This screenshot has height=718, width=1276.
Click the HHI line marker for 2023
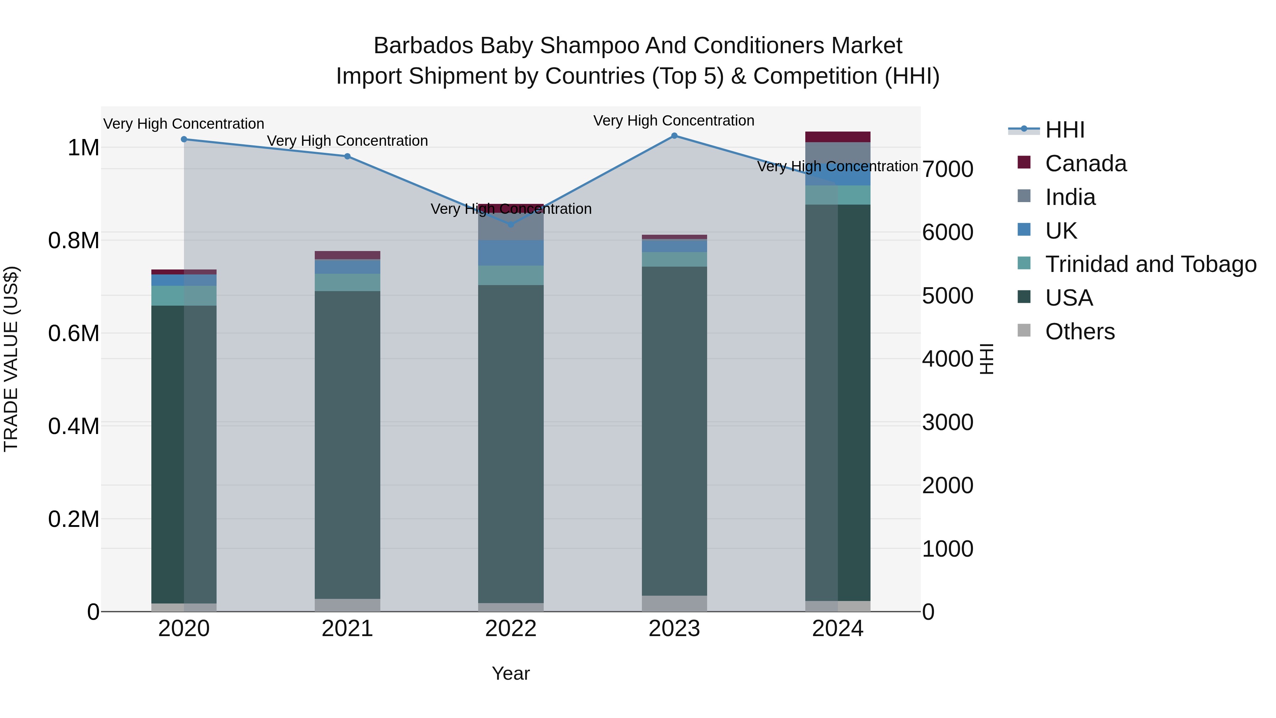(x=674, y=135)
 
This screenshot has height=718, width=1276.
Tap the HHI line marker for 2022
(x=511, y=224)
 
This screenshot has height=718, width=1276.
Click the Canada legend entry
(x=1085, y=163)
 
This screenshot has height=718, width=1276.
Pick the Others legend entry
(x=1079, y=332)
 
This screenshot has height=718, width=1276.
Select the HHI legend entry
(x=1064, y=130)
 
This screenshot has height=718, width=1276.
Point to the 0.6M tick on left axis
(x=74, y=334)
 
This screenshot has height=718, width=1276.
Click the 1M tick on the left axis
(x=83, y=148)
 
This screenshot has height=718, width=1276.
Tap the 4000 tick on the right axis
(x=947, y=359)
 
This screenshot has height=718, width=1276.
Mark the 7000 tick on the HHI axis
(x=947, y=169)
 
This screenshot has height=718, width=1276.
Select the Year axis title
(x=511, y=673)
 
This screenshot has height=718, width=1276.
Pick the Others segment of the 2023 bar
(x=674, y=603)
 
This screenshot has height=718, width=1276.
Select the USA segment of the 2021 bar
(x=347, y=445)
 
